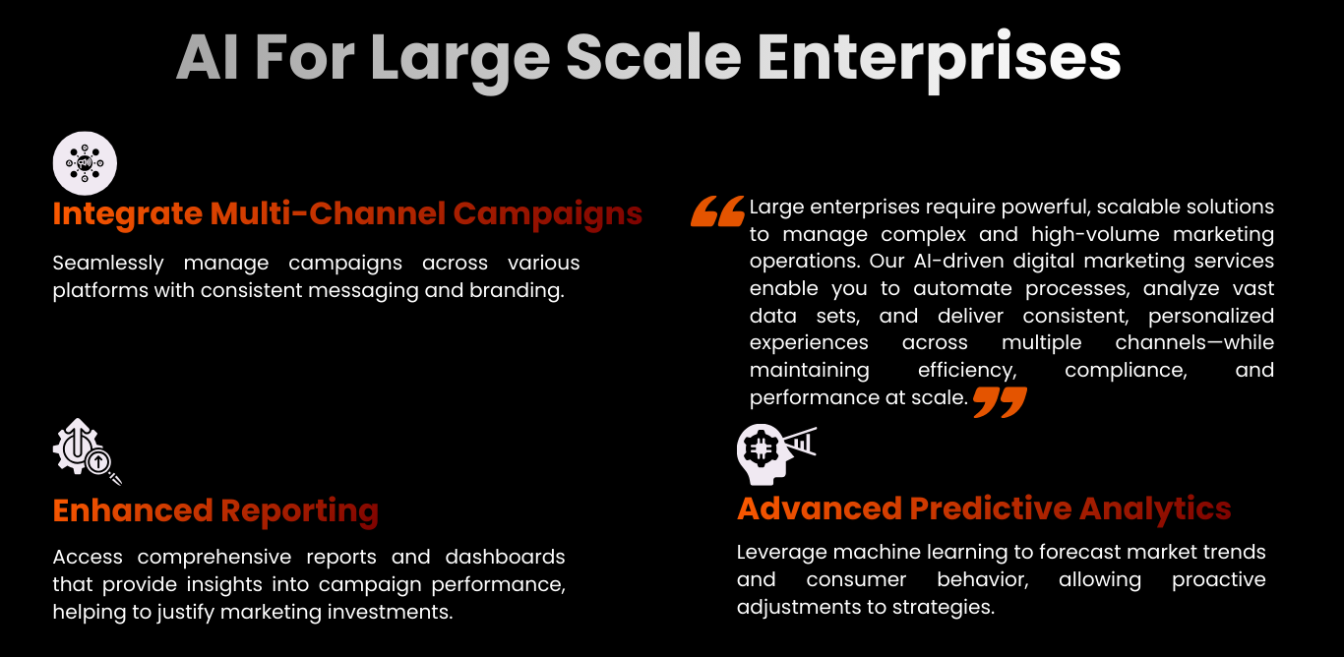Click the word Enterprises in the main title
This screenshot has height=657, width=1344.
pos(939,59)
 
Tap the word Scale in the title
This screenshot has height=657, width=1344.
pos(653,56)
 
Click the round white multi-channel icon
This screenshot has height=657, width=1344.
pos(85,163)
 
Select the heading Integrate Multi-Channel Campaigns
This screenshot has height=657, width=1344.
pos(347,214)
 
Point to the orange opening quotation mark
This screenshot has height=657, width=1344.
pos(717,211)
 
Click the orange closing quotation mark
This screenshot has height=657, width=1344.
pos(1000,401)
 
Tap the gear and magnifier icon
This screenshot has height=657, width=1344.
pos(87,451)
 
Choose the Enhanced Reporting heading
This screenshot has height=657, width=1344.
pos(215,511)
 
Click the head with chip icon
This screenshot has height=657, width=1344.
pos(776,454)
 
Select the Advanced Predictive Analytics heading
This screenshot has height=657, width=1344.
pos(984,509)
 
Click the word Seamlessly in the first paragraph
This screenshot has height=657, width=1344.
pos(108,264)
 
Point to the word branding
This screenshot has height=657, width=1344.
pos(517,291)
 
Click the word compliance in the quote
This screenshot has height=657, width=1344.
pos(1126,370)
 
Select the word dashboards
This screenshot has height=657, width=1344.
pos(505,557)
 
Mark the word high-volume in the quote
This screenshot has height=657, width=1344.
pos(1096,235)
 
